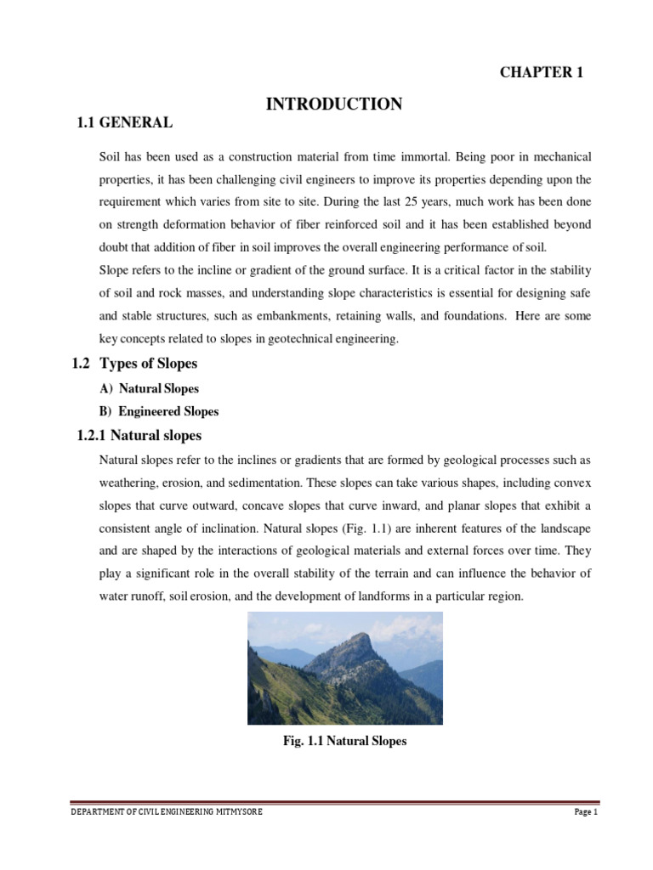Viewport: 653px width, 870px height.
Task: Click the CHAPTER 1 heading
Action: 541,72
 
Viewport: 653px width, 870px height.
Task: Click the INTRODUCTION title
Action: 334,105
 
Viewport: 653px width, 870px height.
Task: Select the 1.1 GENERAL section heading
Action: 125,123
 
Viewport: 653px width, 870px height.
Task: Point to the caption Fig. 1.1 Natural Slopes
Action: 344,741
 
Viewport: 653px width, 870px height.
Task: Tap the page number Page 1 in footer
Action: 587,812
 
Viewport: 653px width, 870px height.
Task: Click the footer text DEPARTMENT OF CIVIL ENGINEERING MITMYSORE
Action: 167,812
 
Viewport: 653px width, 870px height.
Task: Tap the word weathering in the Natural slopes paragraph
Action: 130,483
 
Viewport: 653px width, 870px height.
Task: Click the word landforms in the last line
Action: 380,597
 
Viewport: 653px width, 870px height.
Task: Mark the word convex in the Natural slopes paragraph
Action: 574,483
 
